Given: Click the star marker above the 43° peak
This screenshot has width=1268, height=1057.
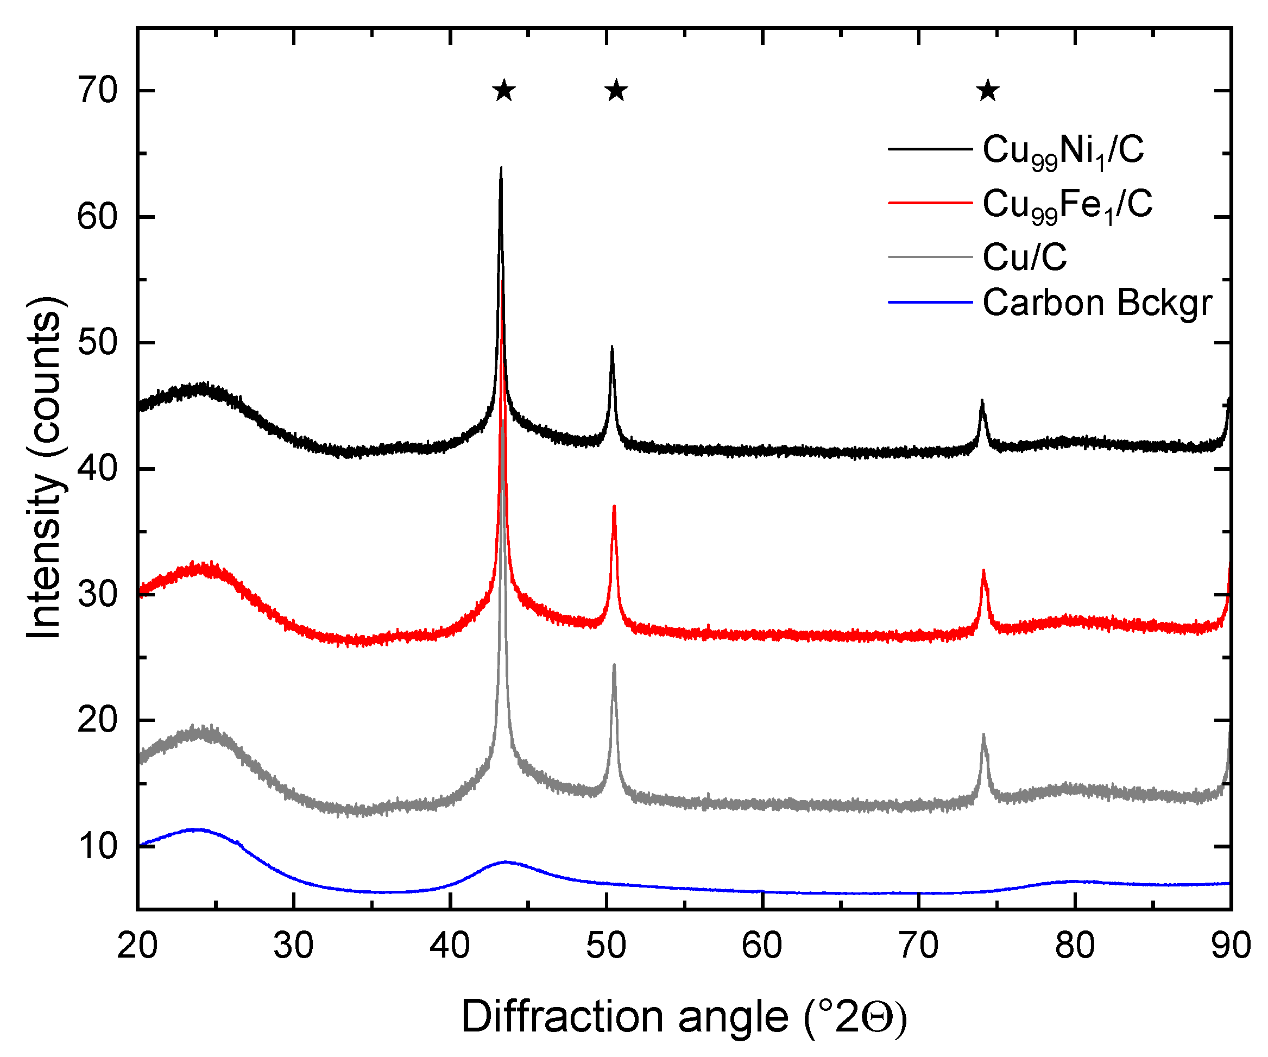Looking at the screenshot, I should [x=504, y=91].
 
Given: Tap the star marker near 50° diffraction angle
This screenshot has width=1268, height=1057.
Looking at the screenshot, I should [x=616, y=91].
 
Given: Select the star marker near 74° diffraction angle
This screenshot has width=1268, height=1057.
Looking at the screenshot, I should [x=988, y=91].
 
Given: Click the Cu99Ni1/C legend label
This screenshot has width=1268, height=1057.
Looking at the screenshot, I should [x=1063, y=150].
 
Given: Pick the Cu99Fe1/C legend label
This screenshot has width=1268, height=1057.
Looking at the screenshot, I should [x=1067, y=205].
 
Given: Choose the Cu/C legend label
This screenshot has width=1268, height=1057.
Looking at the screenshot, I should [x=1025, y=257].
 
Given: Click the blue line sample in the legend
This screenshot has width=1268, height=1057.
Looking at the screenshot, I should [x=930, y=301].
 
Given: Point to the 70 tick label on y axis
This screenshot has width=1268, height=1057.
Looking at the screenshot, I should [x=98, y=91].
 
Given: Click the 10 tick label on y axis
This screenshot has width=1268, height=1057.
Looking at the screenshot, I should [x=98, y=846].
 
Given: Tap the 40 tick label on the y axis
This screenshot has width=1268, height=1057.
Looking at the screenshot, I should [x=98, y=469].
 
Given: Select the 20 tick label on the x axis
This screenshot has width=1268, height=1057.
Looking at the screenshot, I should [x=138, y=946].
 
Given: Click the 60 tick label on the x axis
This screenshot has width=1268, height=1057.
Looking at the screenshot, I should [x=762, y=946].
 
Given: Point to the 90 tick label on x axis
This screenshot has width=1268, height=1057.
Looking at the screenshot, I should [x=1231, y=946].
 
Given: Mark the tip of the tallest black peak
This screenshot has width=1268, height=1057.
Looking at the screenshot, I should [x=501, y=168].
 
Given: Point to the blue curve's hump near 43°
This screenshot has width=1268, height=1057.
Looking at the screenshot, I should [x=506, y=862].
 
